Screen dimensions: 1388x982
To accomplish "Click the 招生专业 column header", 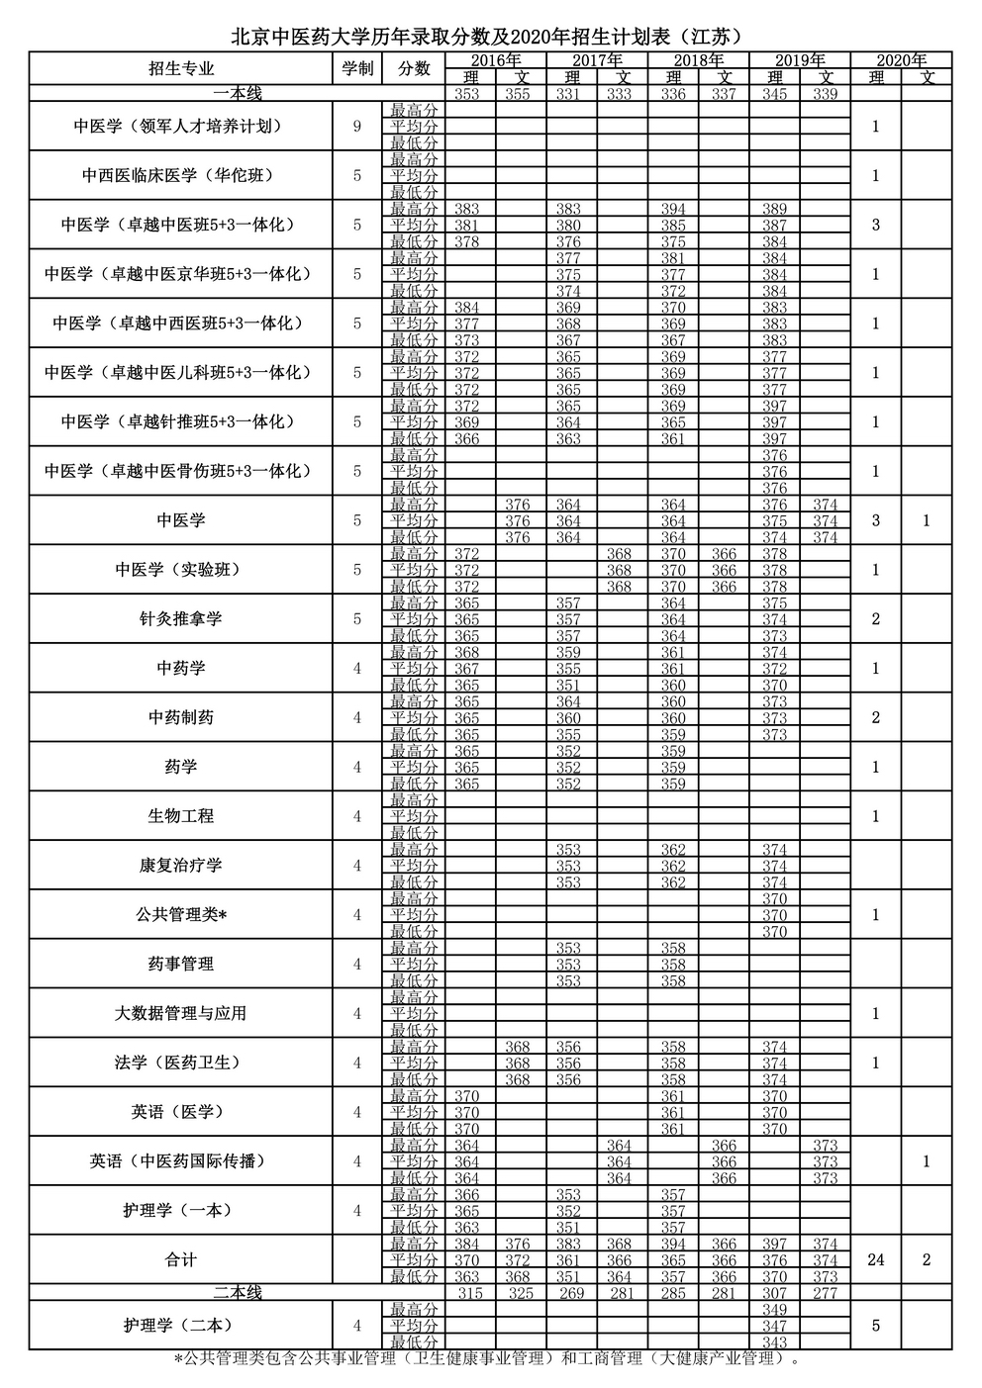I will click(x=181, y=68).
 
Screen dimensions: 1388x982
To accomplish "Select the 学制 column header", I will click(x=357, y=68).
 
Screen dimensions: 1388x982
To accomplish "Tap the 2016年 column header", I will click(x=495, y=60).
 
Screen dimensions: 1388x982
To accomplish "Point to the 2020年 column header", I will click(x=901, y=60).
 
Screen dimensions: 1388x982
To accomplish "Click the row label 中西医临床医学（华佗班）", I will click(x=181, y=175).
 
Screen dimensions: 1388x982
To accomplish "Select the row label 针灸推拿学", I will click(x=181, y=618).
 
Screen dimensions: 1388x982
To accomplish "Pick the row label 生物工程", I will click(x=181, y=816).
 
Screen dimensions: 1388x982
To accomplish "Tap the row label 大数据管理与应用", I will click(x=181, y=1013).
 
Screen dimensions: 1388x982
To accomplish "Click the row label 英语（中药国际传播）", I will click(x=181, y=1160).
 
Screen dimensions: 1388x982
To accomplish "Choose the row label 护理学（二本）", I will click(x=181, y=1325).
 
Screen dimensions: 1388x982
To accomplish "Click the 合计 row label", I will click(x=181, y=1259).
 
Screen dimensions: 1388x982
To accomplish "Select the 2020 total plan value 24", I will click(x=876, y=1259).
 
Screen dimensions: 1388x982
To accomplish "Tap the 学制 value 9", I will click(x=357, y=126).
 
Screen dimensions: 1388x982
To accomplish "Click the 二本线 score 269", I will click(x=568, y=1293).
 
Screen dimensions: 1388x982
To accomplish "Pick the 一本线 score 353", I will click(x=466, y=94).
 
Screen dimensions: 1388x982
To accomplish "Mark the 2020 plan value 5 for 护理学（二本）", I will click(x=876, y=1325).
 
